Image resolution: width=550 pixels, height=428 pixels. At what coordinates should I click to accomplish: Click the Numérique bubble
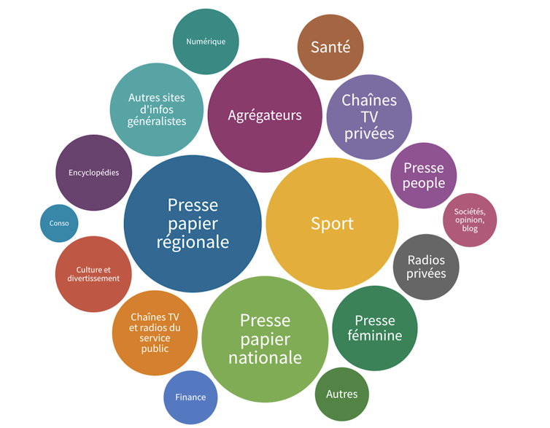[x=206, y=42]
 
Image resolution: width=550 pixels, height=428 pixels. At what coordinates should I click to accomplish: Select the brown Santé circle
[x=330, y=47]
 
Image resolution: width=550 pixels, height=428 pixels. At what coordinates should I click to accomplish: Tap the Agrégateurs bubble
[x=265, y=115]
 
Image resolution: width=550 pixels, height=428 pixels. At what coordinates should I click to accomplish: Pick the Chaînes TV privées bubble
[x=369, y=117]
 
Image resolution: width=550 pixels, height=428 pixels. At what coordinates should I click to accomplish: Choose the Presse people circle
[x=424, y=176]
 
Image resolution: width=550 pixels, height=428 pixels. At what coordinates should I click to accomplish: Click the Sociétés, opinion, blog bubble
[x=470, y=219]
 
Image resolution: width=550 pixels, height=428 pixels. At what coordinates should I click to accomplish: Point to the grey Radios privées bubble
[x=427, y=267]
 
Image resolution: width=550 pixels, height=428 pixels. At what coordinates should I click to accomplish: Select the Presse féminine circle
[x=375, y=328]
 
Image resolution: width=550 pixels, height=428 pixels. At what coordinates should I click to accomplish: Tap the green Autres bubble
[x=342, y=394]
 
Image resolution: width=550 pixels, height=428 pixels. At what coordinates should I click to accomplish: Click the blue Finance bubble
[x=190, y=397]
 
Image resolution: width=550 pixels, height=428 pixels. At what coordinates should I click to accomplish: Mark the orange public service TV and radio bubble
[x=155, y=332]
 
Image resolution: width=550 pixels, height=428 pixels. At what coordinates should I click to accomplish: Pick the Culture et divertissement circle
[x=93, y=274]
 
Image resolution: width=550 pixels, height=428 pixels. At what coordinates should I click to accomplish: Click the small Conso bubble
[x=59, y=223]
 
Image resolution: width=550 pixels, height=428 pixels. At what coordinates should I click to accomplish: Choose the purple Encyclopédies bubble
[x=94, y=173]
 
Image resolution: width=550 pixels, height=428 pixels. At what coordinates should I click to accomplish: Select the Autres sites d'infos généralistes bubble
[x=157, y=109]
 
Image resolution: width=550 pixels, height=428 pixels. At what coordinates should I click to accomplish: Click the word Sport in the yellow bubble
[x=332, y=224]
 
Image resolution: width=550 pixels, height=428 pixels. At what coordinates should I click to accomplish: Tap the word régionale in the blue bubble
[x=193, y=242]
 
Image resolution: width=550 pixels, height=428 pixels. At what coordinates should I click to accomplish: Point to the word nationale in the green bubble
[x=265, y=358]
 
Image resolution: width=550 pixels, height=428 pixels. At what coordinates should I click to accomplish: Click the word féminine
[x=375, y=335]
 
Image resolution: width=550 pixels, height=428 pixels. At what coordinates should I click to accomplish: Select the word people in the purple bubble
[x=424, y=183]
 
